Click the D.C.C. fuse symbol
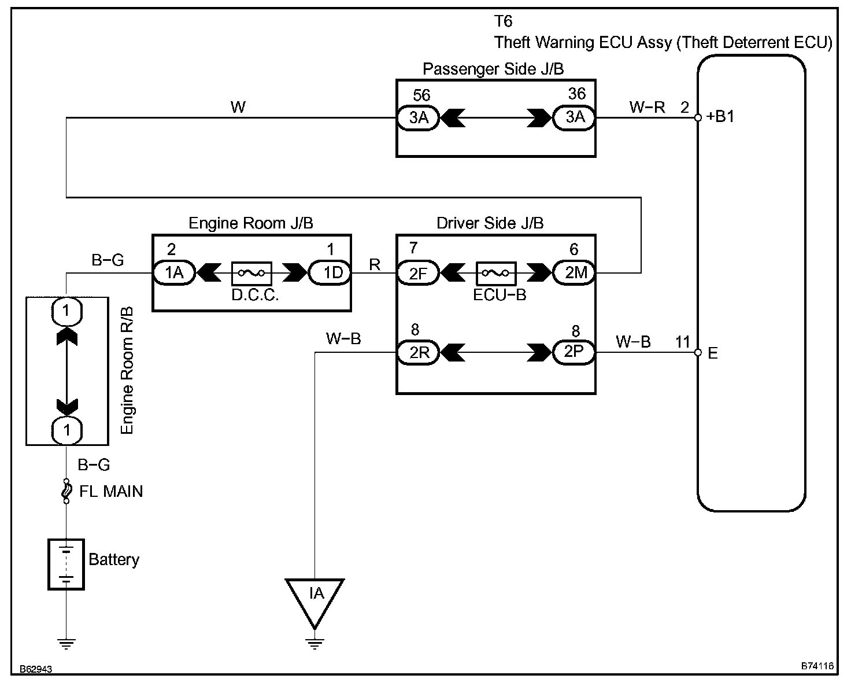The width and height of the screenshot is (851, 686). pos(251,274)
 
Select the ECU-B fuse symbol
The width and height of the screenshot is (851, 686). pos(496,274)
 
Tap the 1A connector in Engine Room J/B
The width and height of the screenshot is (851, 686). pos(174,272)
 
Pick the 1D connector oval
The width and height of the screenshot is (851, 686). pos(330,272)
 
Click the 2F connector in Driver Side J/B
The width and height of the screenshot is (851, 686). pos(418,273)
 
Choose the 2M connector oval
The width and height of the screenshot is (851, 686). pos(574,272)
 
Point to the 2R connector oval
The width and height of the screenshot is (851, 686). pos(418,352)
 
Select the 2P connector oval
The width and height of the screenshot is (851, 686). pos(574,352)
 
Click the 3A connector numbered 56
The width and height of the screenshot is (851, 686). pos(418,118)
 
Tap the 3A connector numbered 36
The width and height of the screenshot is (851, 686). pos(574,117)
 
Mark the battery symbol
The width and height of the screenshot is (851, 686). pos(66,564)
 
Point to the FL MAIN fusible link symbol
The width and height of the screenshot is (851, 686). pos(66,491)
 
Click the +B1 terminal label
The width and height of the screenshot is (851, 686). pos(720,116)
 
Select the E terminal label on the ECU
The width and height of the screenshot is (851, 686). pos(713,353)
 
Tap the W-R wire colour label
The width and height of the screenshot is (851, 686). pos(647,107)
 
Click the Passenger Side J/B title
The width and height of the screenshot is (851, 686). pos(493,69)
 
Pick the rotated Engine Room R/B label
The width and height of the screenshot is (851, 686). pos(127,370)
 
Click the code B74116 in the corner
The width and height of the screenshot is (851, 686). pos(817,666)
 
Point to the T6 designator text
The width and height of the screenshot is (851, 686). pos(503,21)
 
